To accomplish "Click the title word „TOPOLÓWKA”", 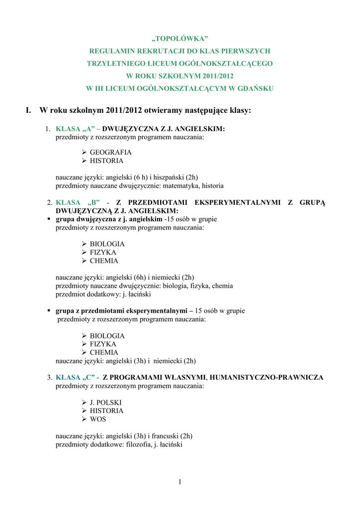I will (180, 39).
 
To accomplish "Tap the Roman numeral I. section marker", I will (29, 110).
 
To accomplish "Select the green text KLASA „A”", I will (75, 129).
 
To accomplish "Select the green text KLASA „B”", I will (78, 202).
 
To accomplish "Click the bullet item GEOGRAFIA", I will (110, 153).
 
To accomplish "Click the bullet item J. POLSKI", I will (105, 403).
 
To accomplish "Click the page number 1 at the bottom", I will (180, 481).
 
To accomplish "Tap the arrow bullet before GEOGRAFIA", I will (84, 153).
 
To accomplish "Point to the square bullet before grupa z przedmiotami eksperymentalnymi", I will (49, 311).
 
